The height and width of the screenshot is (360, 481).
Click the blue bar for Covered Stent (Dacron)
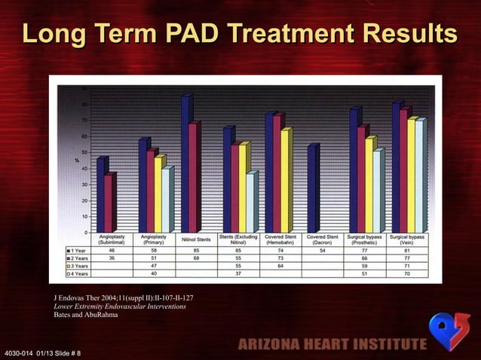312,189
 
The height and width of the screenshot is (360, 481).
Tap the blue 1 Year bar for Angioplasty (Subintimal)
101,195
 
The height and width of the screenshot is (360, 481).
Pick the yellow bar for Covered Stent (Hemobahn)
285,181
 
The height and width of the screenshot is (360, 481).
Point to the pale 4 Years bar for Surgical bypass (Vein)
419,176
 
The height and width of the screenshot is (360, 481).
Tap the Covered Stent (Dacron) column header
322,239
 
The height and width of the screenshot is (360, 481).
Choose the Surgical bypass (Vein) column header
406,239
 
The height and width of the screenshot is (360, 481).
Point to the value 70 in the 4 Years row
406,273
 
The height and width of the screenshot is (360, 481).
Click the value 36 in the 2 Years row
112,258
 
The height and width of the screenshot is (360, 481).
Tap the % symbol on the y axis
76,160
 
